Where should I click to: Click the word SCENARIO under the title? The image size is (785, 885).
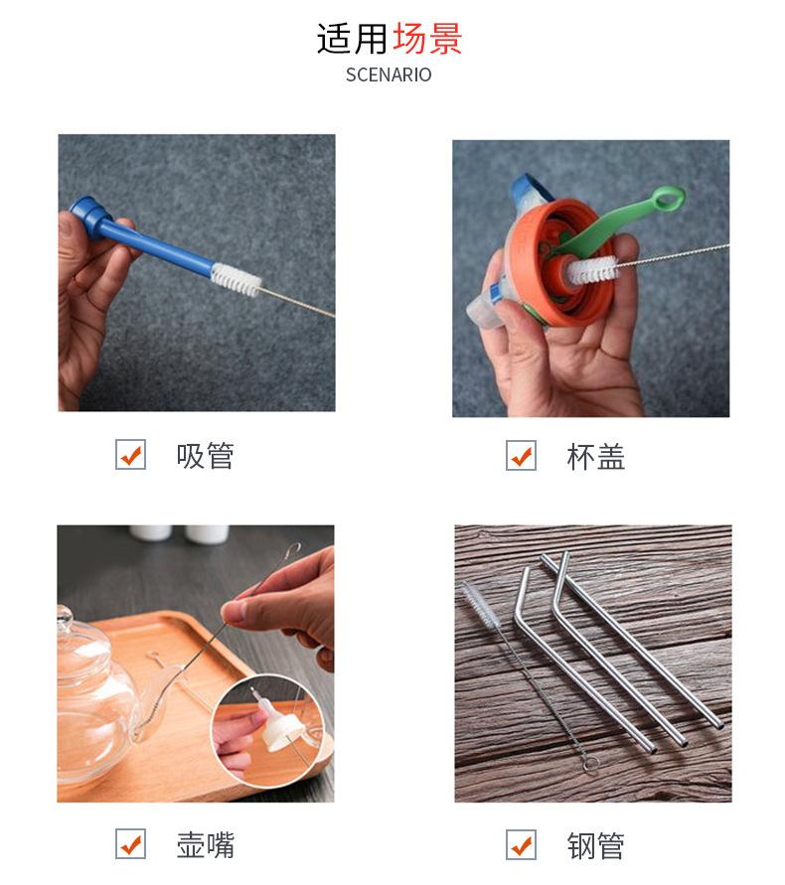tap(389, 74)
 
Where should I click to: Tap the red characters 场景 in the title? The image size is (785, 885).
tap(427, 39)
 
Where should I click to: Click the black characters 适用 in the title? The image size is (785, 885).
tap(353, 39)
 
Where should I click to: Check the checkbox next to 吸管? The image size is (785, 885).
tap(130, 454)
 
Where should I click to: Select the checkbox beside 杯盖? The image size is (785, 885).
tap(521, 455)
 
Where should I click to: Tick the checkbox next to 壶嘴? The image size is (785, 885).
tap(130, 844)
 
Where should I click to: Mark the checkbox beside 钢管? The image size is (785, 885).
tap(521, 845)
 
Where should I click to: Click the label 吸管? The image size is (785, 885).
tap(205, 456)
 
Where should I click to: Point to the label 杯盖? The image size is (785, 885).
tap(596, 456)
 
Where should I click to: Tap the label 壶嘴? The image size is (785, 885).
tap(205, 845)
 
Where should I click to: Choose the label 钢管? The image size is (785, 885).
tap(596, 846)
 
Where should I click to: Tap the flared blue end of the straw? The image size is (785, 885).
tap(90, 216)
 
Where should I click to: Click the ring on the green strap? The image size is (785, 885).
tap(668, 199)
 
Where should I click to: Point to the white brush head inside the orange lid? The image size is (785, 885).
tap(592, 270)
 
